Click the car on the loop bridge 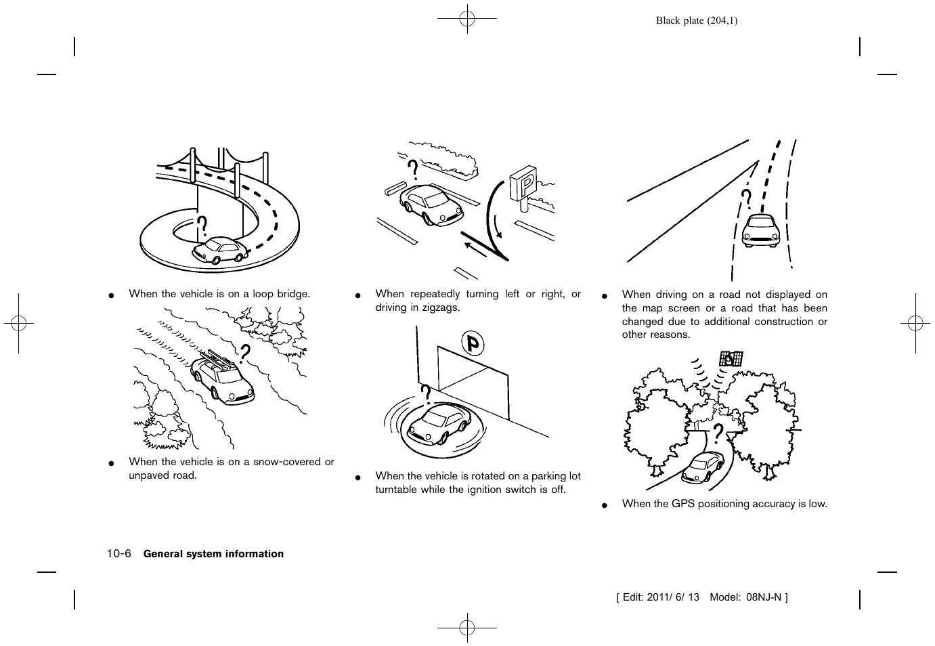pyautogui.click(x=220, y=250)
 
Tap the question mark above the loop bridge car pyautogui.click(x=202, y=226)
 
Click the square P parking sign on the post pyautogui.click(x=523, y=183)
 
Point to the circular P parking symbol pyautogui.click(x=473, y=345)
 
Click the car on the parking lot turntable pyautogui.click(x=439, y=422)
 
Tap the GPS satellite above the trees pyautogui.click(x=731, y=358)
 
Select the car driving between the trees pyautogui.click(x=703, y=467)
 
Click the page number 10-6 pyautogui.click(x=118, y=553)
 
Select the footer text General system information pyautogui.click(x=213, y=554)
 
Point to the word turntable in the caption pyautogui.click(x=397, y=490)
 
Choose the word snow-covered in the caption pyautogui.click(x=286, y=462)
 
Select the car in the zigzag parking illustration pyautogui.click(x=431, y=204)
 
